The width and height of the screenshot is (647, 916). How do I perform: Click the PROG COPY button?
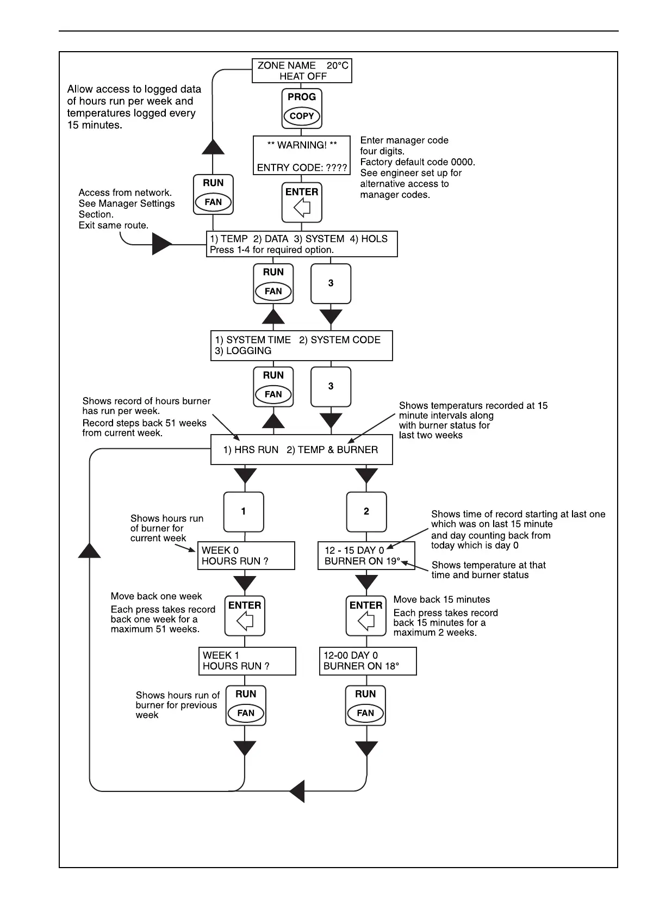pos(302,108)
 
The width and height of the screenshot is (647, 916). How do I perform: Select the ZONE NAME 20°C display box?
pos(302,71)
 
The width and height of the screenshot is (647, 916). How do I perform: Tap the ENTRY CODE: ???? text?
pos(302,168)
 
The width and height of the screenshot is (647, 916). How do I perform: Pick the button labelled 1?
pos(244,511)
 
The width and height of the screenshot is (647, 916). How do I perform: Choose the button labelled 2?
pos(366,511)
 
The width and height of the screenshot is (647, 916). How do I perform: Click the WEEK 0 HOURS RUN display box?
pos(246,555)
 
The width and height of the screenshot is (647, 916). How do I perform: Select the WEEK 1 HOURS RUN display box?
pos(247,661)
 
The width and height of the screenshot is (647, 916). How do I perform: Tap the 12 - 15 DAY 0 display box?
pos(366,555)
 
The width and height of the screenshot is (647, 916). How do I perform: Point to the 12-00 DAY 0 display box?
pos(368,661)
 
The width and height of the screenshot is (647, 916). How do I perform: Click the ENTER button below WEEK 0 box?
pos(245,615)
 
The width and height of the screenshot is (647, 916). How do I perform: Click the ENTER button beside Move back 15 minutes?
pos(366,615)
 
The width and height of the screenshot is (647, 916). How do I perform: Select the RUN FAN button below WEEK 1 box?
pos(246,705)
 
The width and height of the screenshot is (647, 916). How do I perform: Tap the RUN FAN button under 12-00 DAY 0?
pos(365,705)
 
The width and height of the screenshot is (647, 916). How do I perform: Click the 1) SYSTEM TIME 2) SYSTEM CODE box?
pos(302,345)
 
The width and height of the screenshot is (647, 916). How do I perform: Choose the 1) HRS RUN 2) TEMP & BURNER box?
pos(302,450)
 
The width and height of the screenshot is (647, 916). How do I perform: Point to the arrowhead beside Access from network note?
pos(161,244)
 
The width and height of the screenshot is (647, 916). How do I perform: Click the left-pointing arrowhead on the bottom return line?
pos(297,790)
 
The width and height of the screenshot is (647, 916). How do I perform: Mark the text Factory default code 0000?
pos(418,162)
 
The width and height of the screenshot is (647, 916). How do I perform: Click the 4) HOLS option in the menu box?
pos(369,239)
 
